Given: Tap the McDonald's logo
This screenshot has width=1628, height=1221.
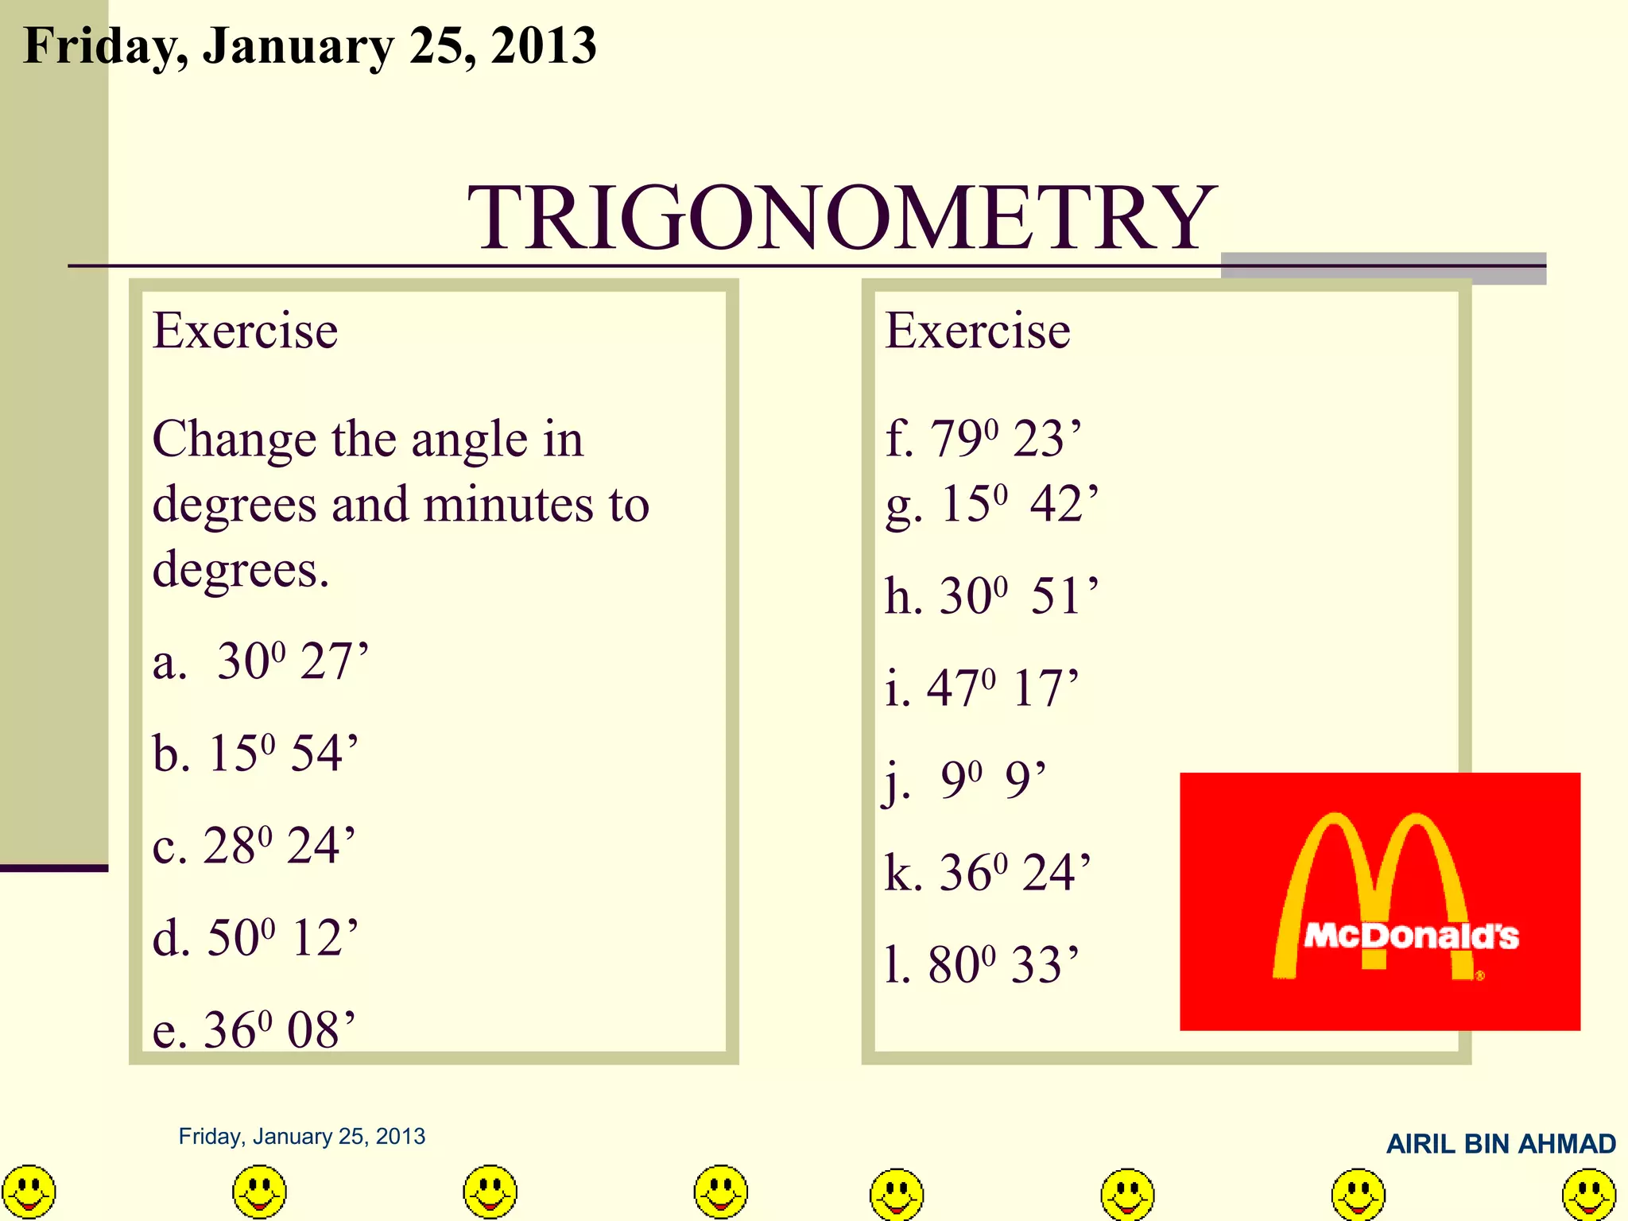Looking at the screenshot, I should point(1380,901).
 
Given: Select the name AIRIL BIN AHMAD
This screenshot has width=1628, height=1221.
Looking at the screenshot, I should point(1501,1144).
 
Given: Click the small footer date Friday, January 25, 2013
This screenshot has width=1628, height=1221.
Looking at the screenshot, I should point(302,1137).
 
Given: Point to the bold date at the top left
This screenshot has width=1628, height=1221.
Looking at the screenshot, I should point(310,45).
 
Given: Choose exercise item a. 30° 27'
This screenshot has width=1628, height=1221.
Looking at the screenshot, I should point(261,661).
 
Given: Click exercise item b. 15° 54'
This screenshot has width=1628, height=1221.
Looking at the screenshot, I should point(256,753).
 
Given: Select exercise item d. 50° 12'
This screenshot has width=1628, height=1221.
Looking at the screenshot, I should point(256,937).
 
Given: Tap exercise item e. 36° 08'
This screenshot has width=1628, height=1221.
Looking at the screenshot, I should point(254,1029).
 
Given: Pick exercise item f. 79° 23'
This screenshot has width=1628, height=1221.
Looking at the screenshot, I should point(983,438).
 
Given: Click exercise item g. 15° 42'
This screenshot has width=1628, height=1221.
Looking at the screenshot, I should point(992,504).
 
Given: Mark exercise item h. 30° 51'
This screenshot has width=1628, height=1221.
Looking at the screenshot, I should point(992,595).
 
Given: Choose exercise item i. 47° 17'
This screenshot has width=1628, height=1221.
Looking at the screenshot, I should point(983,688).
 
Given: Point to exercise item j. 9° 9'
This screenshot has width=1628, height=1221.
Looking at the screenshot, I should point(965,780).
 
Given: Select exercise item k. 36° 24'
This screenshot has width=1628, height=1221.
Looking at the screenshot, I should point(988,872).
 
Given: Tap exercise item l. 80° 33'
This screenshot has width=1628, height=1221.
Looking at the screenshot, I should point(983,964).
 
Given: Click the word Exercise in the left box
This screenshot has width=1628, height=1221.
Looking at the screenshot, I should point(246,331).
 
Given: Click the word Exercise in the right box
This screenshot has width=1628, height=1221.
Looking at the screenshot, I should point(978,331).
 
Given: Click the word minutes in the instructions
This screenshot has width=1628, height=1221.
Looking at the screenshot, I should point(509,505).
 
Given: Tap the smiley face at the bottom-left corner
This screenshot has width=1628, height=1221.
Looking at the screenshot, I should point(29,1192).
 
